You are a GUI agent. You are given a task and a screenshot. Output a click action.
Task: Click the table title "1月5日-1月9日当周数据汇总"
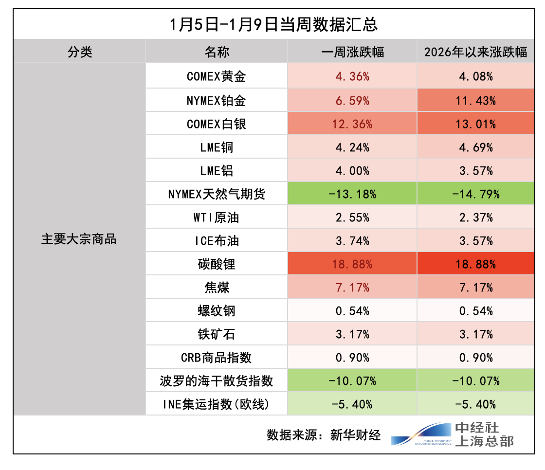point(274,24)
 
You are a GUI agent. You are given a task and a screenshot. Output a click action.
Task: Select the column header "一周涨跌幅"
point(352,52)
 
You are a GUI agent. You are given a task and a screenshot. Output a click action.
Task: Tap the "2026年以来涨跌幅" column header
point(475,52)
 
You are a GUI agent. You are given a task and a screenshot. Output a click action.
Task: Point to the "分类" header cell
point(80,52)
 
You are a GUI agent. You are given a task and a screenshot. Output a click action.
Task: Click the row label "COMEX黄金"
point(216,76)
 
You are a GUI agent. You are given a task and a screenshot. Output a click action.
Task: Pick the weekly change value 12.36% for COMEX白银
point(352,124)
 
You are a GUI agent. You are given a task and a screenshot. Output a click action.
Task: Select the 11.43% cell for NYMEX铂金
point(475,100)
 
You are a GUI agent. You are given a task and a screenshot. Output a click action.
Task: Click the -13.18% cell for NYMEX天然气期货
point(352,194)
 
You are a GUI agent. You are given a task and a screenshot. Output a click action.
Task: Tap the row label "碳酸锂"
point(216,264)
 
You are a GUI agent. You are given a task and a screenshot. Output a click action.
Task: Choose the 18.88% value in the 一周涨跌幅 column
point(352,264)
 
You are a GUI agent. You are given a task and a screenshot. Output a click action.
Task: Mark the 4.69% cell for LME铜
point(475,147)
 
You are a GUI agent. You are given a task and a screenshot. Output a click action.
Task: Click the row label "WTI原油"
point(216,217)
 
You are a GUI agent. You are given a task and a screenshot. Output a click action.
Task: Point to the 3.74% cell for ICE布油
point(352,241)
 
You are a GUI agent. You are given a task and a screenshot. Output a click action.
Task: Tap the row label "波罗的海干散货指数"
point(216,381)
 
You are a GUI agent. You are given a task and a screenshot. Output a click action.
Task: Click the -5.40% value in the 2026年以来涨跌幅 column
point(475,404)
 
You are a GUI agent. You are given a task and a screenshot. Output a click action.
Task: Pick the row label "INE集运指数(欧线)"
point(216,404)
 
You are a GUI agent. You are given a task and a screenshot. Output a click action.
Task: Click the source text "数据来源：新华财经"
point(323,435)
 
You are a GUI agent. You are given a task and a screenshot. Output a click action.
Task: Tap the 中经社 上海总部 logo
point(452,434)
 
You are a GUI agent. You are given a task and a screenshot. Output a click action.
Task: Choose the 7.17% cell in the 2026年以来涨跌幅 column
point(475,288)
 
